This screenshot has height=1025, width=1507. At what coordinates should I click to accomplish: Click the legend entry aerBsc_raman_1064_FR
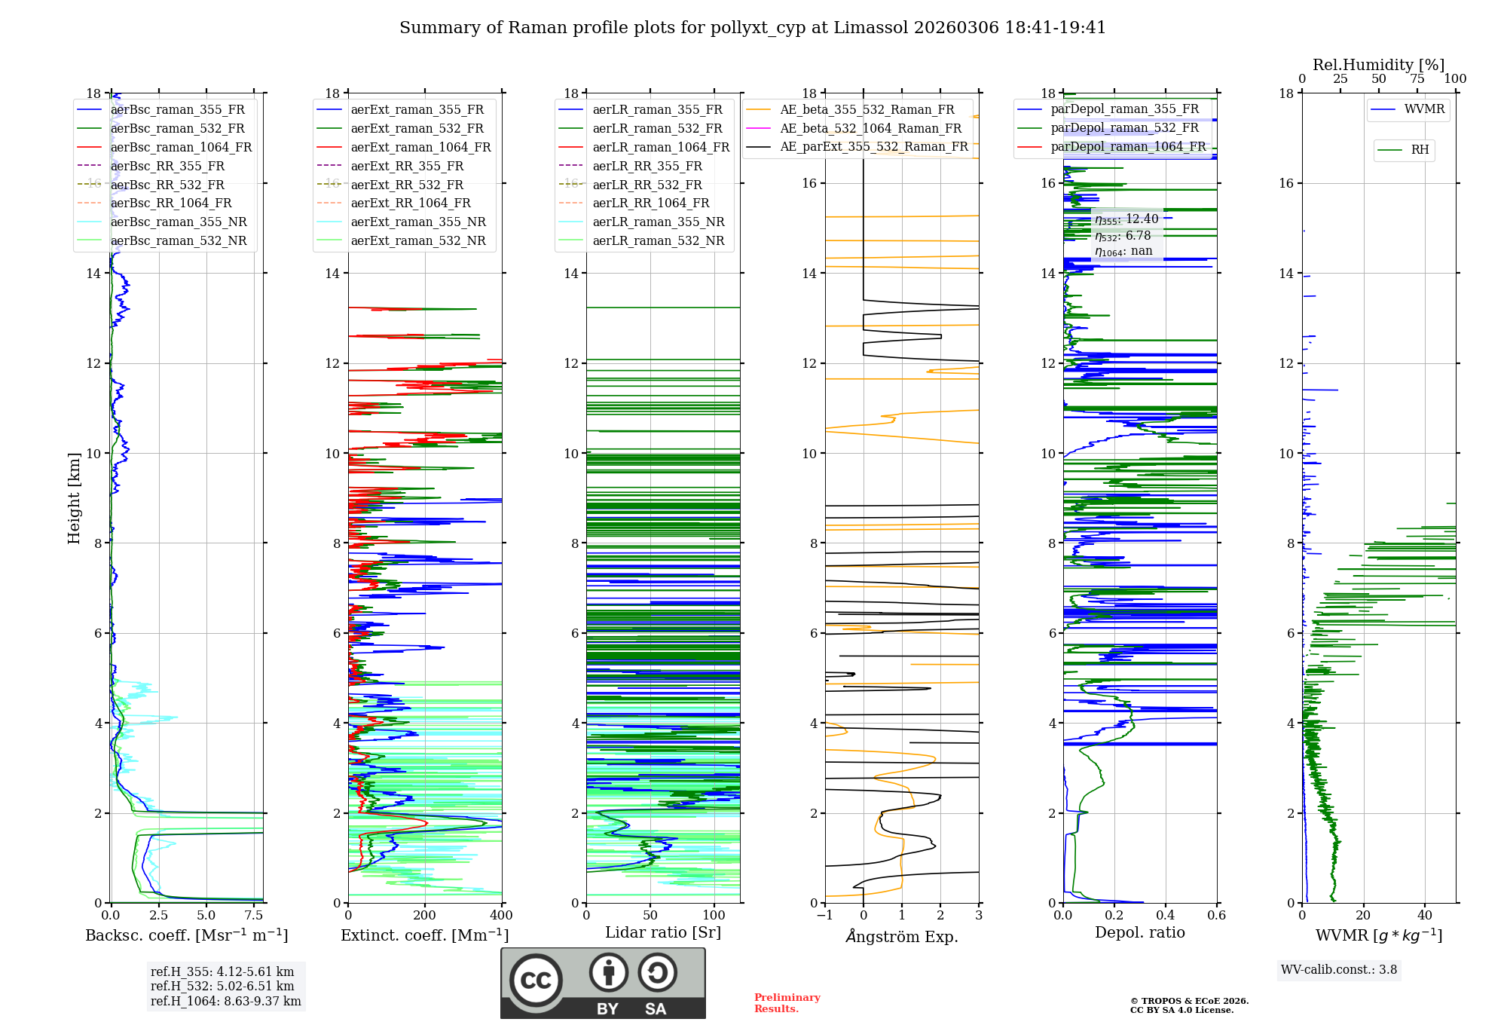181,148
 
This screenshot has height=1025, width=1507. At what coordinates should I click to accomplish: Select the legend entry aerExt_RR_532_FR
407,185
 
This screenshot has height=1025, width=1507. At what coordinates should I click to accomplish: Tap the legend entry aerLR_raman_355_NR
658,222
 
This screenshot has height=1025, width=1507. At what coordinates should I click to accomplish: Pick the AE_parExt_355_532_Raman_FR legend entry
873,147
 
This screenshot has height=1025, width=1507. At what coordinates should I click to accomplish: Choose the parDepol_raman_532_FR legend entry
1124,128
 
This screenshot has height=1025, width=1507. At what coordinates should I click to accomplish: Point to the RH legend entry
1420,150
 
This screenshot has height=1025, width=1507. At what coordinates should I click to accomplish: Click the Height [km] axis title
74,498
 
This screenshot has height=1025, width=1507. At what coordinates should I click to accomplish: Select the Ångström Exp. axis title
902,936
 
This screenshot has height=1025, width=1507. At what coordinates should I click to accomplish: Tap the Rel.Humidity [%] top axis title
1378,65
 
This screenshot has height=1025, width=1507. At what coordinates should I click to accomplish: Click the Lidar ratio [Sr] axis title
663,932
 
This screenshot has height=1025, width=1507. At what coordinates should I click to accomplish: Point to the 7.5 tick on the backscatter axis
254,916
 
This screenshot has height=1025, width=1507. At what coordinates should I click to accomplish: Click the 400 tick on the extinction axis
502,916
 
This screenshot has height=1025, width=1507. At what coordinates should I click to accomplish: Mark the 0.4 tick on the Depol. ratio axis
1166,916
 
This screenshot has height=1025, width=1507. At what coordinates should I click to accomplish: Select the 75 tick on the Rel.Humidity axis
1417,79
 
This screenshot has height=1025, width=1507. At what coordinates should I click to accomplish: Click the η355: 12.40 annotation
1126,219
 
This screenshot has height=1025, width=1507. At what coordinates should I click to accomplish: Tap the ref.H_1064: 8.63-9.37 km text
225,1002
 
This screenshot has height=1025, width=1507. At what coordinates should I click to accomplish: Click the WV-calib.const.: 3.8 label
1339,970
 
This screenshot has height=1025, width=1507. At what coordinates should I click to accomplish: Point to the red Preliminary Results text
787,1003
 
